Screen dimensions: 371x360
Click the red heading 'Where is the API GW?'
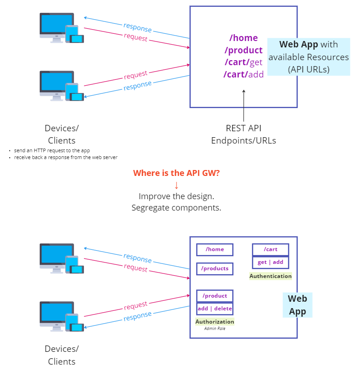176,173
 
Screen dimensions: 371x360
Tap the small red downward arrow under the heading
177,185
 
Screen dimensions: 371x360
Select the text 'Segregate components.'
176,207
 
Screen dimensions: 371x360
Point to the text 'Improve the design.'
176,196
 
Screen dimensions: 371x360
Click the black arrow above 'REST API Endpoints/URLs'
244,105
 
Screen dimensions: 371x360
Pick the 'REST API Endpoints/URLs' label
244,134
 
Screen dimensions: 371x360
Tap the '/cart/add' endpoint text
244,74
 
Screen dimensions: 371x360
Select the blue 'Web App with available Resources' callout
308,57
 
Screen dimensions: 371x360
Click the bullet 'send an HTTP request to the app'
55,150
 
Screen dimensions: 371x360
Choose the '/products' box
215,269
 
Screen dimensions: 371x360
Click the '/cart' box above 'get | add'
271,250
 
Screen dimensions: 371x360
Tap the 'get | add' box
271,263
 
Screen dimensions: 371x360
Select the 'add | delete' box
215,309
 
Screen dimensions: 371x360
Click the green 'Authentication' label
271,276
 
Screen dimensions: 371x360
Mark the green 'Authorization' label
215,321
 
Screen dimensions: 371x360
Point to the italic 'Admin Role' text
215,328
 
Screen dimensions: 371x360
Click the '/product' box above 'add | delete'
215,296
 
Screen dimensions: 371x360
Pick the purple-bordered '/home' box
215,250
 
